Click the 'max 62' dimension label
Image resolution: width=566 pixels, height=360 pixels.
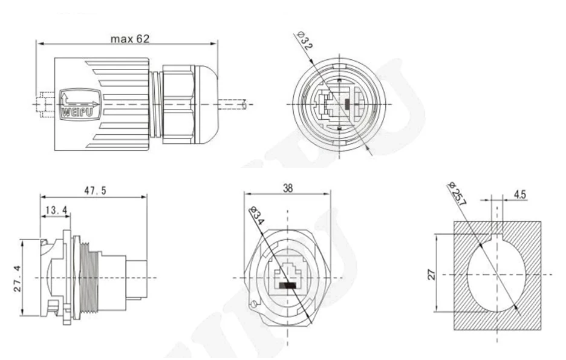click(x=129, y=39)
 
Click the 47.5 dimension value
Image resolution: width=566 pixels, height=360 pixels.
click(x=95, y=191)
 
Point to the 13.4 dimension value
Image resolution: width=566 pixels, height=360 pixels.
click(x=56, y=210)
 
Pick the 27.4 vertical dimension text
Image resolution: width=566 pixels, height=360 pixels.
click(x=19, y=277)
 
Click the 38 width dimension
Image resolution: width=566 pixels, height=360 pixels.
click(x=288, y=188)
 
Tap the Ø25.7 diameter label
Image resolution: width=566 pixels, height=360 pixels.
click(x=457, y=192)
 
